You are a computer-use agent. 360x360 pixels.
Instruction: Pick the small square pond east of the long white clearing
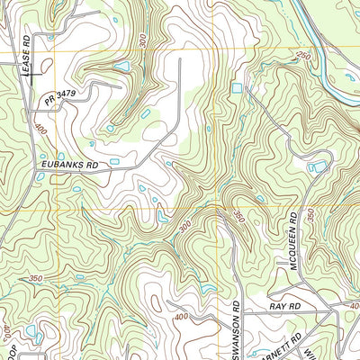click(237, 88)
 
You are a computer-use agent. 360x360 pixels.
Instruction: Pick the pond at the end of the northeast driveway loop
click(317, 166)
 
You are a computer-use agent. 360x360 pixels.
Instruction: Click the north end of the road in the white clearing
click(180, 59)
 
